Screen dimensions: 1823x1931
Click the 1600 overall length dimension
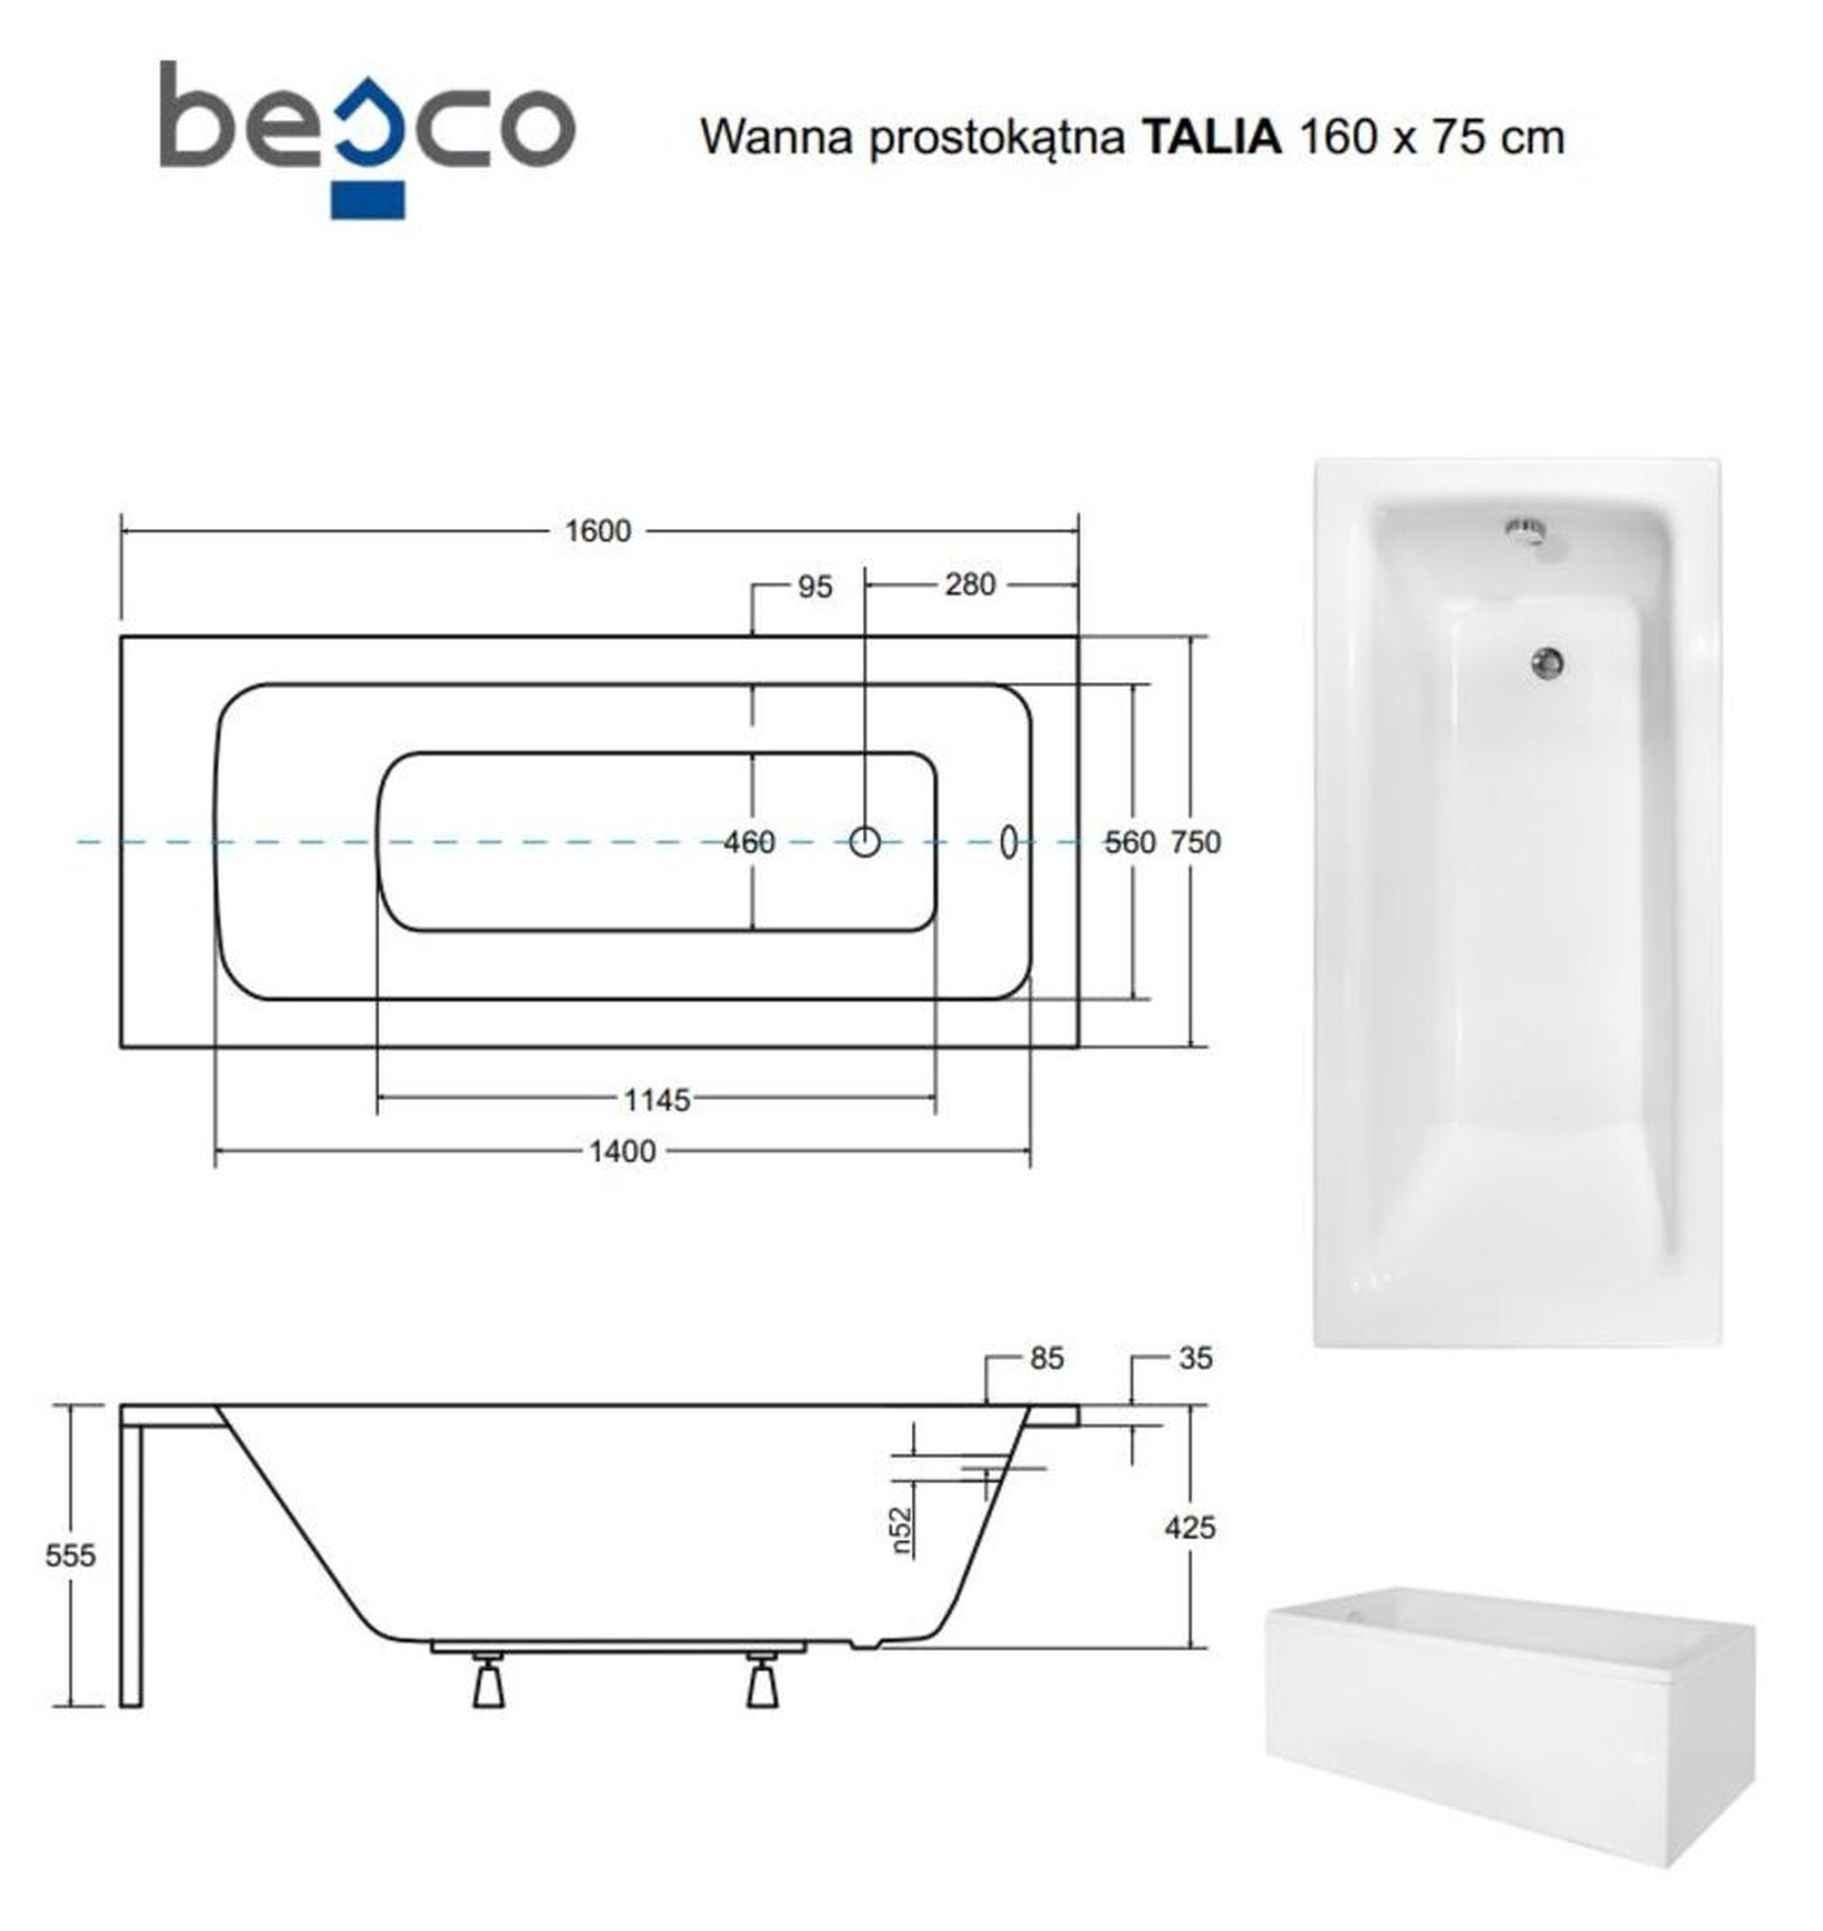point(599,532)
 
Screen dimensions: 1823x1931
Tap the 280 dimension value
point(970,585)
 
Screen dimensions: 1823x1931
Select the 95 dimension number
point(815,587)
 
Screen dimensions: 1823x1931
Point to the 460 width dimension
point(749,842)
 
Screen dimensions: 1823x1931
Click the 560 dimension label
point(1130,842)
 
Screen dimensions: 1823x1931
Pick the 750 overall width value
point(1195,842)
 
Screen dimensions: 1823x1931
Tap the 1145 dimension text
point(657,1100)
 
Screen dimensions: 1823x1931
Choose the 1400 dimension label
point(623,1151)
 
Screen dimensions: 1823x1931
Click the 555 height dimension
point(71,1556)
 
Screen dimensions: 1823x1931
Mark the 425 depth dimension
point(1190,1528)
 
